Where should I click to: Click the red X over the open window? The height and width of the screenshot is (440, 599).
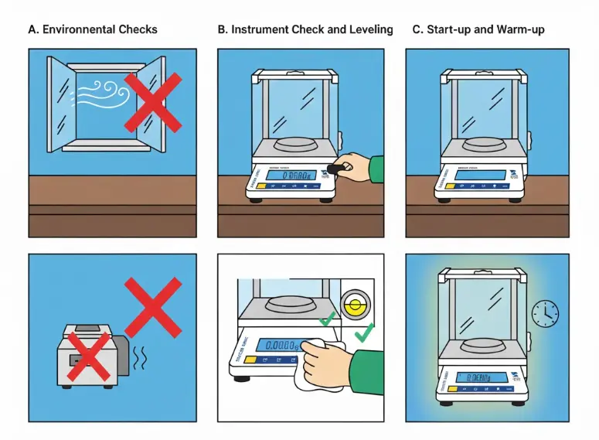153,102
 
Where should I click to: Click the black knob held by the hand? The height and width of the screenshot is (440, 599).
337,168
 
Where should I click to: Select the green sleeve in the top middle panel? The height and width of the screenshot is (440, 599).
376,169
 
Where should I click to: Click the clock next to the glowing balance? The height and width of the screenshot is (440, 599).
545,313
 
